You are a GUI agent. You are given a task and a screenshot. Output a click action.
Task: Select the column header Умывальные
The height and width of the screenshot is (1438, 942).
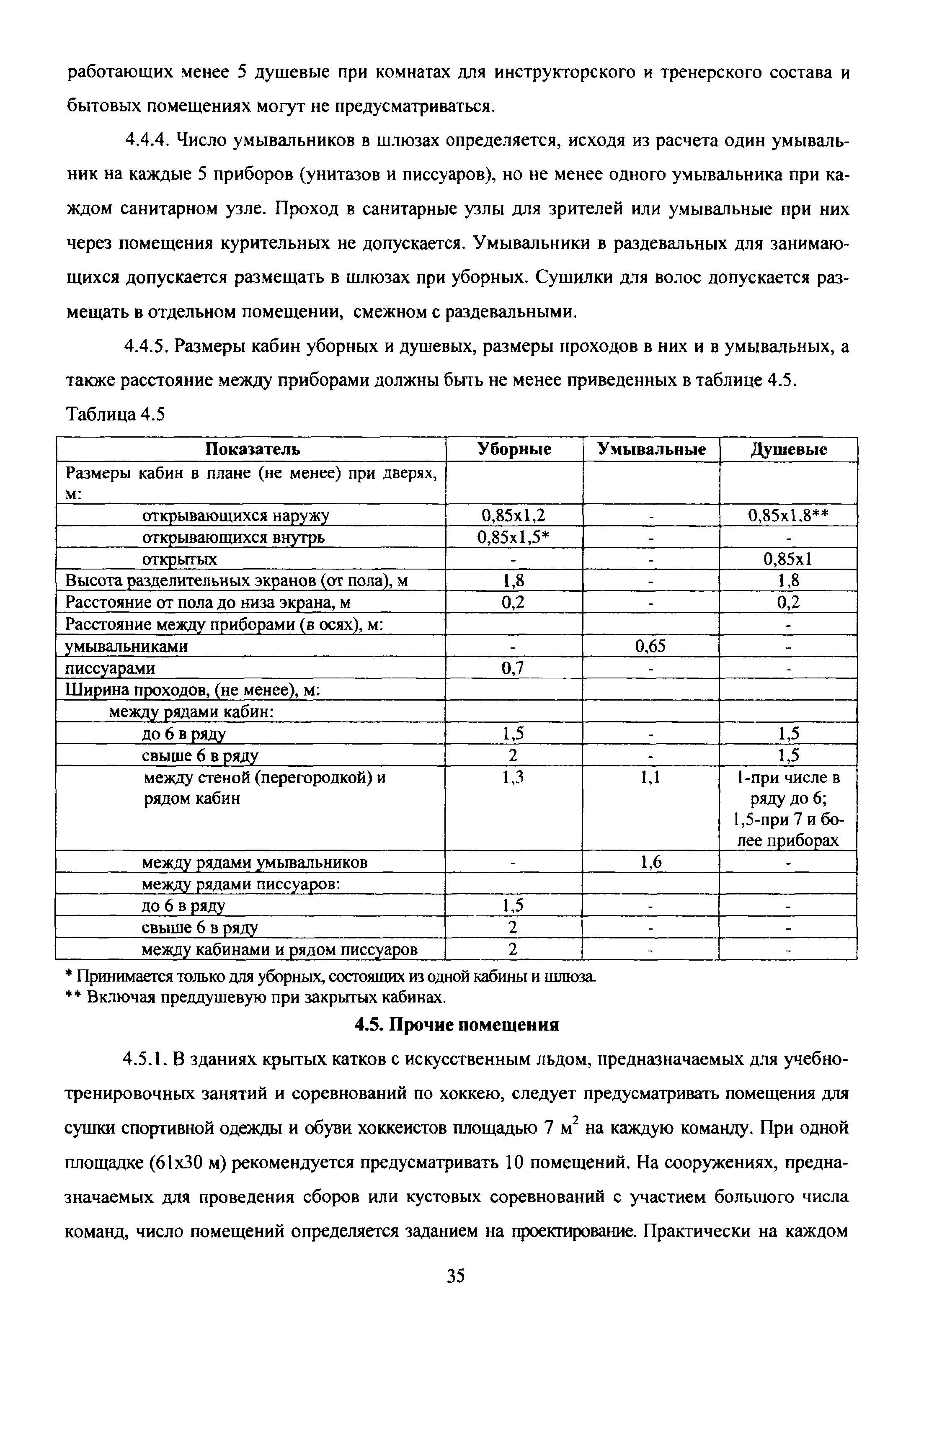[651, 449]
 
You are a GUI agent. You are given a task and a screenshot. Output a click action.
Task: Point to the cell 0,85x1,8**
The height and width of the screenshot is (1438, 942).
[789, 515]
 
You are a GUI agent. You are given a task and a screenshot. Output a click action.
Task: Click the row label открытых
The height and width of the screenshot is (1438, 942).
[179, 559]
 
